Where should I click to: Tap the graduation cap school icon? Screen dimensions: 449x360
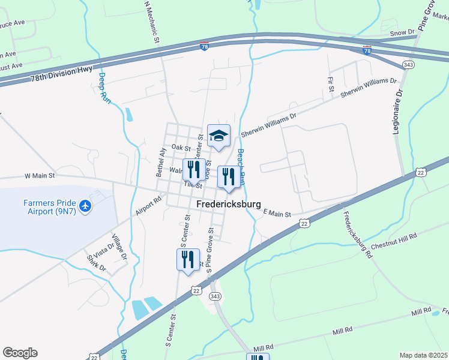pos(218,136)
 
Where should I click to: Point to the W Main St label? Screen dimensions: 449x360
pos(40,176)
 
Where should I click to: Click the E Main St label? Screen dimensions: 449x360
pos(277,214)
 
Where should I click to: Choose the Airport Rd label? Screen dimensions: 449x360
pos(149,206)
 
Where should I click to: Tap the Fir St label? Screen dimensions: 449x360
pos(331,84)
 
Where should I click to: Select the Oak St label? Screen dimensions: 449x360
pos(180,147)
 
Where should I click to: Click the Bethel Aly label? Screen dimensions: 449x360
pos(161,161)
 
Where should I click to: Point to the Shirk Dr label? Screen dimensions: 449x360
pos(97,263)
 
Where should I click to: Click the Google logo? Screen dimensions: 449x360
pos(20,353)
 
